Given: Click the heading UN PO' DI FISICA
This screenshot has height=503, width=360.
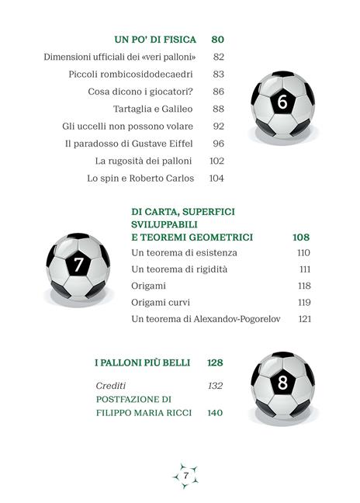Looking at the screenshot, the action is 155,40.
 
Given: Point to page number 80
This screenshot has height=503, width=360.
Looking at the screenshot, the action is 217,40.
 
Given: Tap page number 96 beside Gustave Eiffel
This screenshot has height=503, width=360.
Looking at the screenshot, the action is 218,144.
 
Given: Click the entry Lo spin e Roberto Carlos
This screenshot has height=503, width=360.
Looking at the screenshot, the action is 140,178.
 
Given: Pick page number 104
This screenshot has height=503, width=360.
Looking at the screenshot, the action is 216,178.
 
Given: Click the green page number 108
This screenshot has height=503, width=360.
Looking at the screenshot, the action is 301,237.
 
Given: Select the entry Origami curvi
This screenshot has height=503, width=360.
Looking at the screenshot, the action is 161,303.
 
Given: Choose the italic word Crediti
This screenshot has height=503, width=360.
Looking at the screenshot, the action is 110,386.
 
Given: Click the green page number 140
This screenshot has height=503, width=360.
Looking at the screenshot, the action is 215,413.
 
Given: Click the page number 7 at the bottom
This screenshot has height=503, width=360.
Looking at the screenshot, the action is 185,474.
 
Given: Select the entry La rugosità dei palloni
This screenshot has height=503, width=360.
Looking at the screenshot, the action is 147,161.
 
